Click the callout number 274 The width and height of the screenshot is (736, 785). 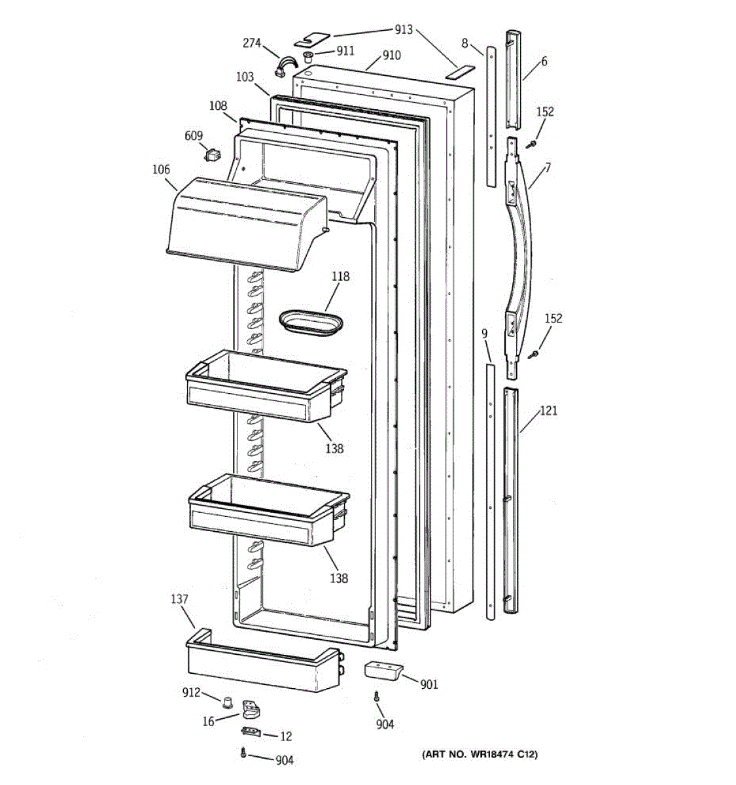click(x=252, y=44)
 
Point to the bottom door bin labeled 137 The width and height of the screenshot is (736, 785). click(x=262, y=664)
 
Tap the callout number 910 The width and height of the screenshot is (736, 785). click(x=391, y=56)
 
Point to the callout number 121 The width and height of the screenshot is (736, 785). click(x=548, y=411)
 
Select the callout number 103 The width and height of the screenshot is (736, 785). click(x=245, y=77)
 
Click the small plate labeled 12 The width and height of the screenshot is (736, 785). click(x=251, y=732)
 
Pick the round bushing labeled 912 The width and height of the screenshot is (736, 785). click(x=227, y=703)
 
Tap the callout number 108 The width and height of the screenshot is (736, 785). click(x=218, y=105)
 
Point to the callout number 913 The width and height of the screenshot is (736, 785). click(x=404, y=29)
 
